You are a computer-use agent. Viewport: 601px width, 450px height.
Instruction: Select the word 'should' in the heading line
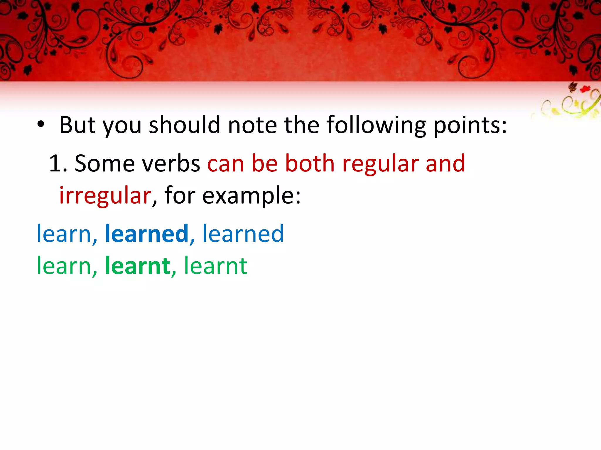tap(184, 125)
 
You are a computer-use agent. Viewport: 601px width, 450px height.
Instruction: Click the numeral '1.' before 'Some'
tap(58, 163)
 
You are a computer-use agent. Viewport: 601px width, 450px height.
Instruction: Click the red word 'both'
tap(310, 163)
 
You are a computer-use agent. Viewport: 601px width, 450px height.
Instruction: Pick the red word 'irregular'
tap(105, 196)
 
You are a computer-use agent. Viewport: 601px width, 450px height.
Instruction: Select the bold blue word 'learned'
tap(146, 233)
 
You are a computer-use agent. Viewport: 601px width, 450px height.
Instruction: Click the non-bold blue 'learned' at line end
tap(243, 233)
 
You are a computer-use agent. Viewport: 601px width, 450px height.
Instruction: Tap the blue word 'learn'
tap(64, 233)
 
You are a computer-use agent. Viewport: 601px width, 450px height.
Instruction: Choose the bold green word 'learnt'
tap(137, 266)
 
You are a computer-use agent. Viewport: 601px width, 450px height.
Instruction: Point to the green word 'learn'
tap(64, 266)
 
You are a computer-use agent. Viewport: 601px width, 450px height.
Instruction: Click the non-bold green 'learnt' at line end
tap(216, 266)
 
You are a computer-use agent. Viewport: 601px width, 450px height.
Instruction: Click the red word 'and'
tap(445, 163)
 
